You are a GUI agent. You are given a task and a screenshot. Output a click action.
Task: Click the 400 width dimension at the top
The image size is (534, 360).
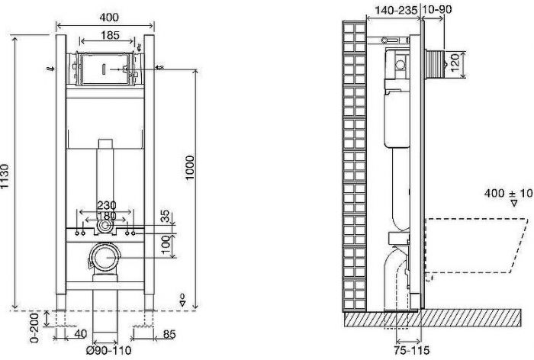coord(109,17)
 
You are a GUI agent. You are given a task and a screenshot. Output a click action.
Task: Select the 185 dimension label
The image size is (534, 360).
coord(110,35)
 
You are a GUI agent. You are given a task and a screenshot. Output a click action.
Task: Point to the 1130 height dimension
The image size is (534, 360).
coord(5,176)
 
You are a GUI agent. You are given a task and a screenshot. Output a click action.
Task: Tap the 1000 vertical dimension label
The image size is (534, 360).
coord(190,168)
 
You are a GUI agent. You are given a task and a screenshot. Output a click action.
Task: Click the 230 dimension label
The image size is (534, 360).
coord(107,205)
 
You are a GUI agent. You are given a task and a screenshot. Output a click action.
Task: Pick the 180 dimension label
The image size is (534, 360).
coord(107,216)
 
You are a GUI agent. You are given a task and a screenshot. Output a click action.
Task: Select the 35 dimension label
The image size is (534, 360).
coord(165,216)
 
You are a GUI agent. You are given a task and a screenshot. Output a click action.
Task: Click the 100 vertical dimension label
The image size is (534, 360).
coord(166,244)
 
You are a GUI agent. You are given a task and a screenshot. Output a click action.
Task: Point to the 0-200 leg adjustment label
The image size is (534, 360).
coord(35,328)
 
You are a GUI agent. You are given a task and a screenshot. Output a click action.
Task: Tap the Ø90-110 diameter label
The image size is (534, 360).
coord(108,350)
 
